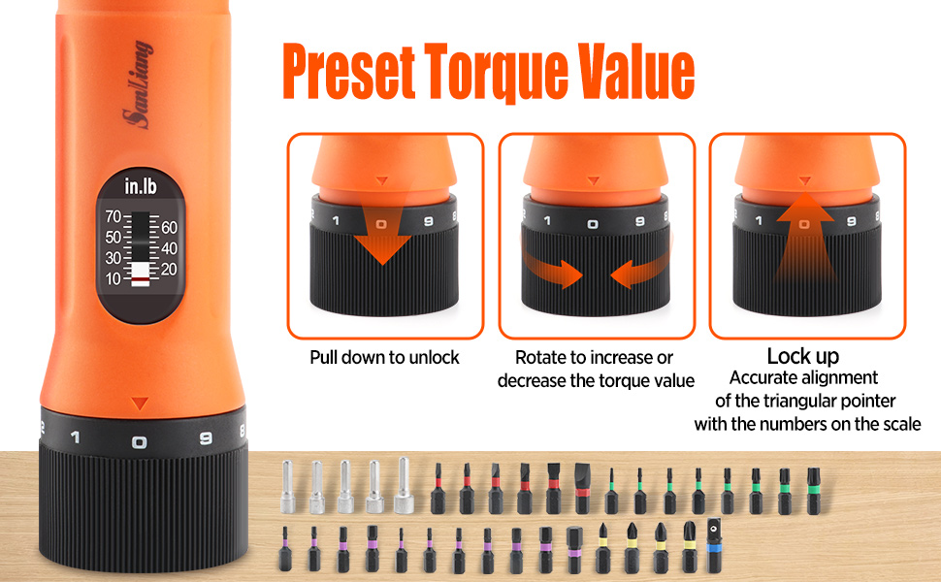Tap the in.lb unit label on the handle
139,185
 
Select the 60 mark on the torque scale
169,228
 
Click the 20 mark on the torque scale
169,270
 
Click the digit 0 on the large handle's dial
140,441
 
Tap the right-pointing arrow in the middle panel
553,272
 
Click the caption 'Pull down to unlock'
385,357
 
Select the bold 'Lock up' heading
803,356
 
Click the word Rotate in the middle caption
539,358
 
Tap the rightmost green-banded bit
813,489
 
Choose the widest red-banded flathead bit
582,490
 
